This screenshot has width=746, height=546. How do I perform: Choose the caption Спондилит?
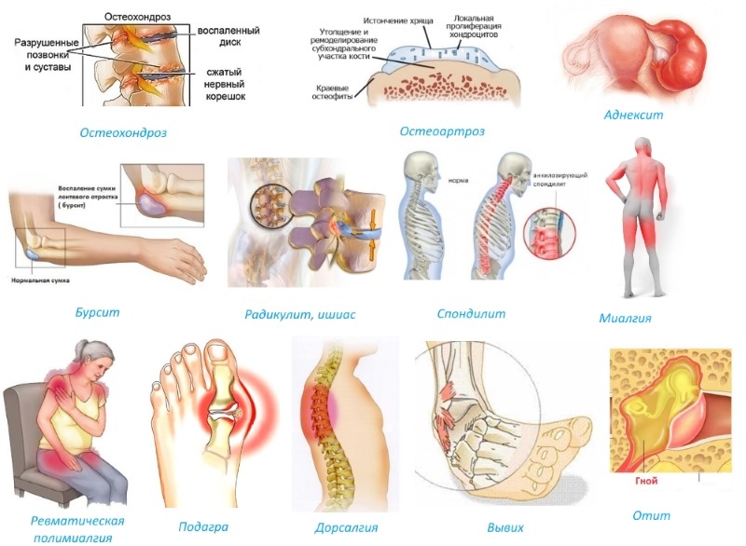point(471,314)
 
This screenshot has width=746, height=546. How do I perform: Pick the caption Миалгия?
point(625,318)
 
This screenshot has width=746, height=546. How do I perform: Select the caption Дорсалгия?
point(345,528)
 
